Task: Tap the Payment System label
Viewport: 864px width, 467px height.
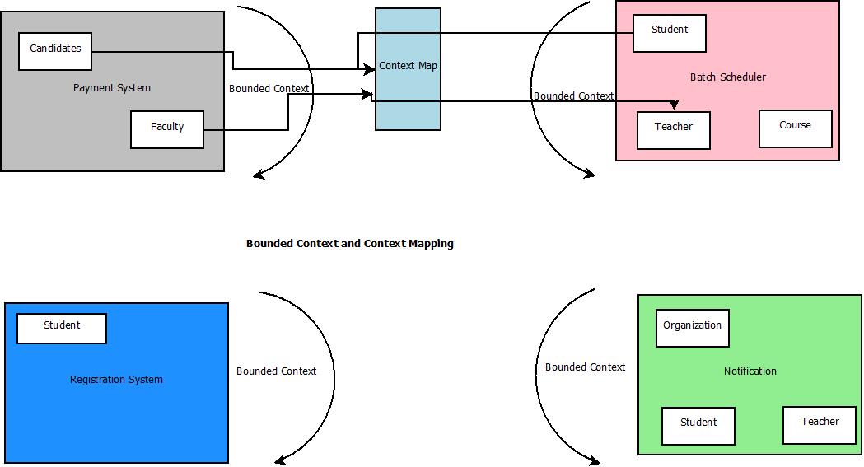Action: (x=112, y=88)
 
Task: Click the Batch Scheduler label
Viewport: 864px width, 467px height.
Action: (x=728, y=77)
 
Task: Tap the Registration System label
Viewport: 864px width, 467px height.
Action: (x=116, y=380)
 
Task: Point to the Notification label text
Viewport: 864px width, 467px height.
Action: (x=750, y=371)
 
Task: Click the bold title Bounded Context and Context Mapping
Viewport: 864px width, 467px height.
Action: (x=350, y=244)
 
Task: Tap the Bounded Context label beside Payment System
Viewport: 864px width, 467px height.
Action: (x=269, y=89)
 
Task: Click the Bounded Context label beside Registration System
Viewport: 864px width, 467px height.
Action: (x=277, y=371)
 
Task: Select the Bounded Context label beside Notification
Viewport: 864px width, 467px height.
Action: (x=586, y=367)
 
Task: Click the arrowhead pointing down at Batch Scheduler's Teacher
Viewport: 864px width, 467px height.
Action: (x=675, y=105)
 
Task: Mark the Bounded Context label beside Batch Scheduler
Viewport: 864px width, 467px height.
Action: (x=574, y=96)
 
